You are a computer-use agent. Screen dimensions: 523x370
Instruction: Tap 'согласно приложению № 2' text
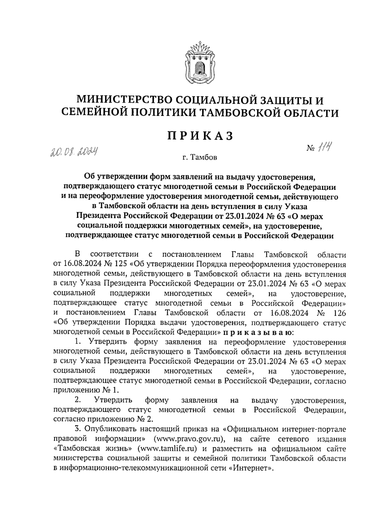tap(103, 420)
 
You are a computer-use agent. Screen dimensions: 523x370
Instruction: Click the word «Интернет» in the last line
tap(253, 468)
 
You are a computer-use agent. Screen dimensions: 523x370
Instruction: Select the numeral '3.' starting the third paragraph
tap(78, 429)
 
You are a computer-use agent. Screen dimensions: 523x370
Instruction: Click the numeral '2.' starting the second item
tap(78, 400)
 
